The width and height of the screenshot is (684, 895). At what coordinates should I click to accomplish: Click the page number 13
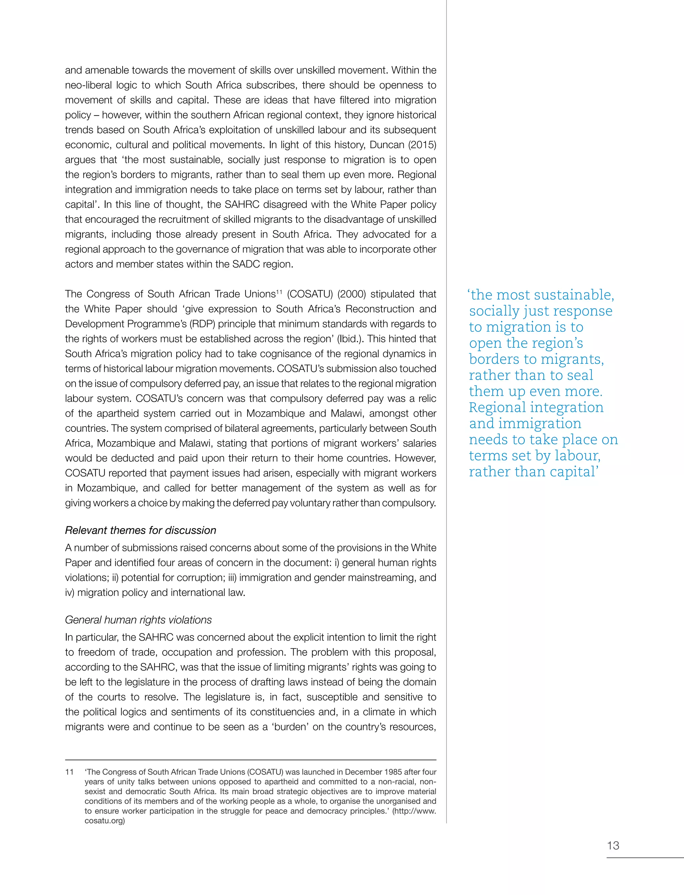click(x=613, y=845)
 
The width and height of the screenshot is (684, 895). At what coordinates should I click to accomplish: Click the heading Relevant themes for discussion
click(x=141, y=531)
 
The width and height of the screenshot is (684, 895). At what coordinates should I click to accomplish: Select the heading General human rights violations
click(x=138, y=620)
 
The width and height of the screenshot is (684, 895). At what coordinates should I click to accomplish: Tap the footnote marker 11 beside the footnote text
click(x=69, y=772)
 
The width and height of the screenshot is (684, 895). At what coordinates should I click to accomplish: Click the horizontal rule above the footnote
click(x=250, y=760)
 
